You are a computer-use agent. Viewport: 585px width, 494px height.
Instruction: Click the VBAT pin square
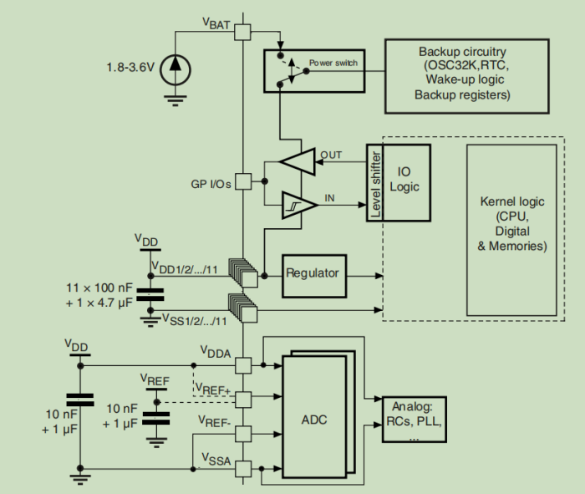[x=242, y=32]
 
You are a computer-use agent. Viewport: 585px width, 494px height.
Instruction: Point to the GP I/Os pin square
[x=242, y=181]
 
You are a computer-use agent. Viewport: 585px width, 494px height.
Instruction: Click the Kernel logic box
[x=512, y=225]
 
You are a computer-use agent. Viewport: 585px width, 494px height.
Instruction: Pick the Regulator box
[x=312, y=273]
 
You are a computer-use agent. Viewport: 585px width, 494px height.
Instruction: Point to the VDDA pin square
[x=242, y=365]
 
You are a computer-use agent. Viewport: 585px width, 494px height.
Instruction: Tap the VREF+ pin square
[x=242, y=397]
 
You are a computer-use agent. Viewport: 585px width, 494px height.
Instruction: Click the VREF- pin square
[x=242, y=432]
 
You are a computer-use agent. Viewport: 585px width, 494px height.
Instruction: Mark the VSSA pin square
[x=242, y=468]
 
